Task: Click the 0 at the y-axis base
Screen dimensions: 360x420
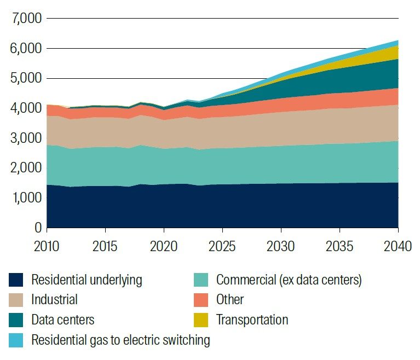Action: (37, 227)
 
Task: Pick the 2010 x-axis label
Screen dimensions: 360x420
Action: (47, 246)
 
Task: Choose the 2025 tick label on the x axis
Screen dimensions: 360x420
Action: (223, 246)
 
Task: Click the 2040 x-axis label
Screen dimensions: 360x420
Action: (398, 246)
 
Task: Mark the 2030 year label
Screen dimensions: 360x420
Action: (281, 246)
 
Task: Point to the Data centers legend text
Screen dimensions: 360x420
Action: (63, 320)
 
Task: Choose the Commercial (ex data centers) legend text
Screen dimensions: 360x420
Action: (289, 280)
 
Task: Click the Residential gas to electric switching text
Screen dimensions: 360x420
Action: (120, 340)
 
